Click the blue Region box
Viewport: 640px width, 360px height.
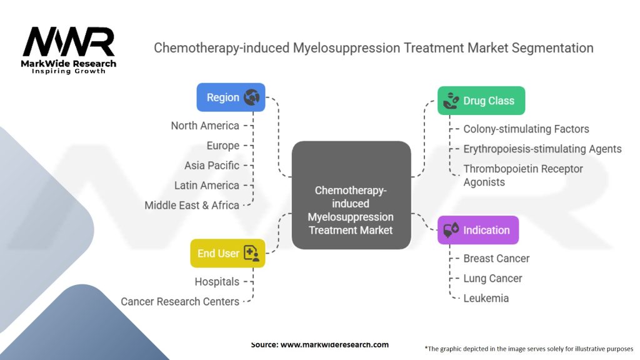point(231,97)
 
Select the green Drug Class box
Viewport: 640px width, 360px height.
point(481,101)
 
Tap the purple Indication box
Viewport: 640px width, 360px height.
point(478,230)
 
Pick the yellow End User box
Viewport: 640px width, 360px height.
point(227,253)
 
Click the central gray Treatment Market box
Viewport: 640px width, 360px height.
point(351,195)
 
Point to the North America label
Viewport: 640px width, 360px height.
point(205,126)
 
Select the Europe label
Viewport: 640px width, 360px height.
point(223,146)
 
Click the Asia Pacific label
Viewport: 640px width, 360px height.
point(212,166)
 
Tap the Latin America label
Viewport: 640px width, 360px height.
point(207,186)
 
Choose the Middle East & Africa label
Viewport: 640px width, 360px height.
point(192,206)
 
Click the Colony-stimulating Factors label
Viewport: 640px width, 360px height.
point(526,129)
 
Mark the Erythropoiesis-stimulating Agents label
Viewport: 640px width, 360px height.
point(542,149)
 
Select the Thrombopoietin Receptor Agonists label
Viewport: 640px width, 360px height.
point(523,176)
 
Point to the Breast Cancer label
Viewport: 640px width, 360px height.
point(496,258)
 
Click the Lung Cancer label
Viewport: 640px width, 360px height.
point(492,278)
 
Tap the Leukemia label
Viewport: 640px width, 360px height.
point(486,298)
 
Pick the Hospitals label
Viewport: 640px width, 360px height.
point(217,282)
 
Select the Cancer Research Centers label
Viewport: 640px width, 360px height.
point(180,302)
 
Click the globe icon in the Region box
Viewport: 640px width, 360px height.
point(252,97)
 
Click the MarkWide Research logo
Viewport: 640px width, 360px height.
point(69,50)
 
